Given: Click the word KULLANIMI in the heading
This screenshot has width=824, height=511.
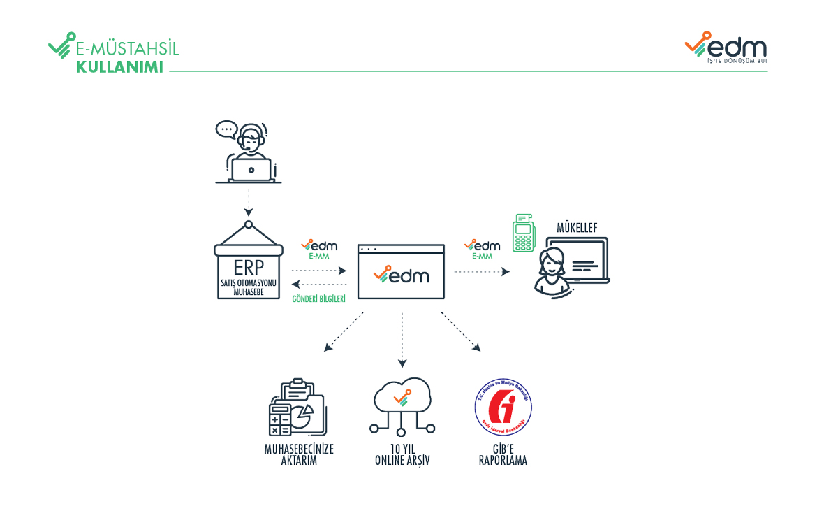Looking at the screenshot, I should (x=119, y=67).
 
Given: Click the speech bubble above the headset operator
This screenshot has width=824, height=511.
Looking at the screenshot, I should (x=226, y=129).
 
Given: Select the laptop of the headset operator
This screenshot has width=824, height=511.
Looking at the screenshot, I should (x=251, y=170).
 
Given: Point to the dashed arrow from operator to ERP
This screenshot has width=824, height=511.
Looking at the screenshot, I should (x=249, y=203).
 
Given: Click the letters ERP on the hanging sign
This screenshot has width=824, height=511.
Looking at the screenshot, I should (x=249, y=268).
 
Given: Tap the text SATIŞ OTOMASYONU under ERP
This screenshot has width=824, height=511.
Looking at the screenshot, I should (x=249, y=283).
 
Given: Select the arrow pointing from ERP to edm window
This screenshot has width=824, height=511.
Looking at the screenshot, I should (x=319, y=271).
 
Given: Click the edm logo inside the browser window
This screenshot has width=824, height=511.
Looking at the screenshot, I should (x=401, y=275).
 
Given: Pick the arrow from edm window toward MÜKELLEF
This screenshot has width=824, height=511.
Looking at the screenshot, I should (x=482, y=271).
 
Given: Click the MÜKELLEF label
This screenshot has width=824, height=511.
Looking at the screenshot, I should (x=576, y=227).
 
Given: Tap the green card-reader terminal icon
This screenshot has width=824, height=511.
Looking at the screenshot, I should (x=521, y=234).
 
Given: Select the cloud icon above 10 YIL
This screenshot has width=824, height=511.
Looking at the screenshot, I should (x=402, y=398).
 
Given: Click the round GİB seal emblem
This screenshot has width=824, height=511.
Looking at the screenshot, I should (x=503, y=408).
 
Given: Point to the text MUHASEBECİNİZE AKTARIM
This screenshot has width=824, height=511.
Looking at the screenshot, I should (x=299, y=455).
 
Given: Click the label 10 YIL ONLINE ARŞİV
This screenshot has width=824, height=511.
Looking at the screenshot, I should (x=402, y=455).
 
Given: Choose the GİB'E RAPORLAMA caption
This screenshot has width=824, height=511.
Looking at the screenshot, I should (x=503, y=455).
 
